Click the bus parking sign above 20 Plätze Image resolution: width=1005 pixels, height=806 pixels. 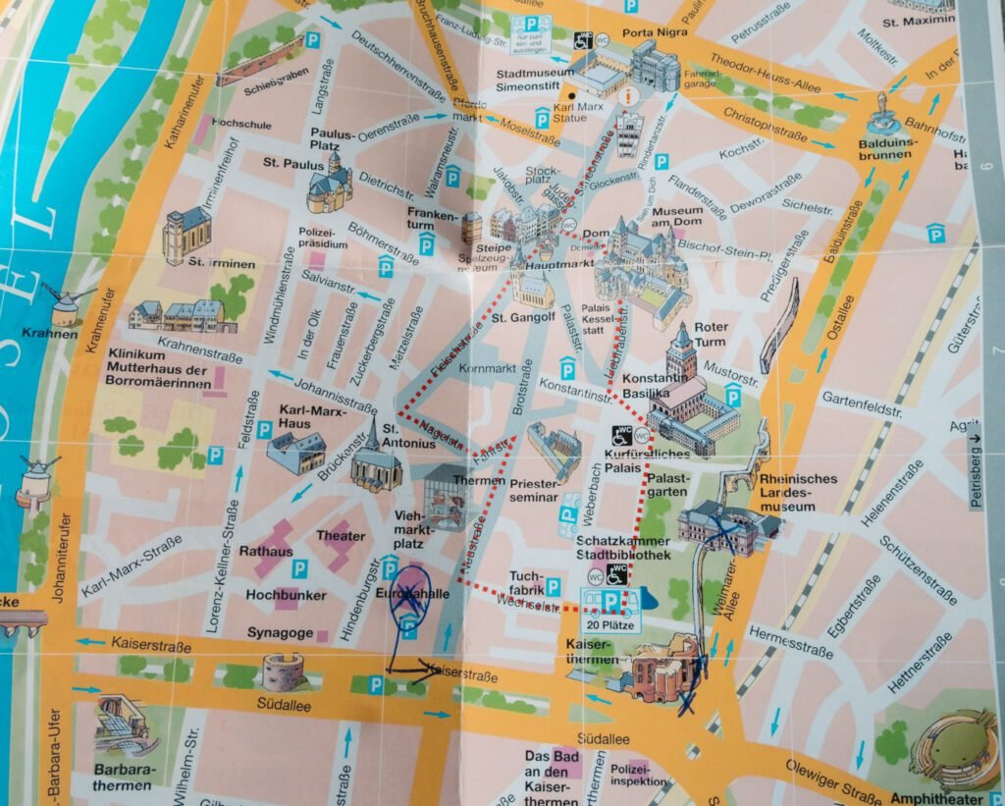point(609,601)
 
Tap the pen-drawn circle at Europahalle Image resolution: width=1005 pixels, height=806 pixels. point(409,598)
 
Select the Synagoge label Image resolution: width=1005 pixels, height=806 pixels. point(280,633)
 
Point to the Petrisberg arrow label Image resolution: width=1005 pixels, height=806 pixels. point(976,472)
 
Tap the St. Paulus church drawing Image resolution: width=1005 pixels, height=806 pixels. point(329,186)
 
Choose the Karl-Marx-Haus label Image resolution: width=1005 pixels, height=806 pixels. point(281,416)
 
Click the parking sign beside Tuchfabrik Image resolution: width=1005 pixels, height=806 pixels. point(553,587)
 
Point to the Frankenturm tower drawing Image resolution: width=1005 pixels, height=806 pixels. point(472,228)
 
